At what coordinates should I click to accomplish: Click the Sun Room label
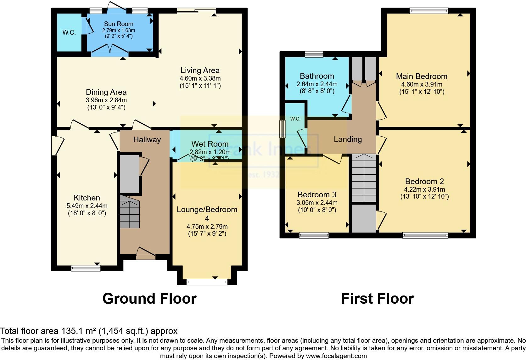(x=119, y=24)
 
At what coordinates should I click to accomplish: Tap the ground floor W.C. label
(x=69, y=32)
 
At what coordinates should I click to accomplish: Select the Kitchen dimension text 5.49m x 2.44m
(x=87, y=206)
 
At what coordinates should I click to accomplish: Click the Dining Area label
(x=106, y=92)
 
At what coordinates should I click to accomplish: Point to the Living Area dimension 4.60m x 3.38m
(x=200, y=78)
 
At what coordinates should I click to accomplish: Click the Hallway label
(x=147, y=139)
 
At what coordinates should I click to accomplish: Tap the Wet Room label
(x=210, y=144)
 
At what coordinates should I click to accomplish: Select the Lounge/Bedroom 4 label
(x=207, y=213)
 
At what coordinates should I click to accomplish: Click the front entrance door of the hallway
(x=146, y=254)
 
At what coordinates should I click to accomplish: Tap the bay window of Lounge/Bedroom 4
(x=207, y=282)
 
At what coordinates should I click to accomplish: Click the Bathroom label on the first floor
(x=317, y=76)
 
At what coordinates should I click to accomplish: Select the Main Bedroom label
(x=422, y=76)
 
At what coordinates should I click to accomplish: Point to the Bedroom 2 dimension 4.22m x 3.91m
(x=424, y=189)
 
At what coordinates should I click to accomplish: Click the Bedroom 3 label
(x=317, y=194)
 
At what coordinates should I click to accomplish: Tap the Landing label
(x=348, y=139)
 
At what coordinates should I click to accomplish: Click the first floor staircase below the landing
(x=364, y=178)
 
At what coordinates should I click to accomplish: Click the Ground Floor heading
(x=149, y=298)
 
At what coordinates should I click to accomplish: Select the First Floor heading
(x=377, y=298)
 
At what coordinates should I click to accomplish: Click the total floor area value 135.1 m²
(x=78, y=331)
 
